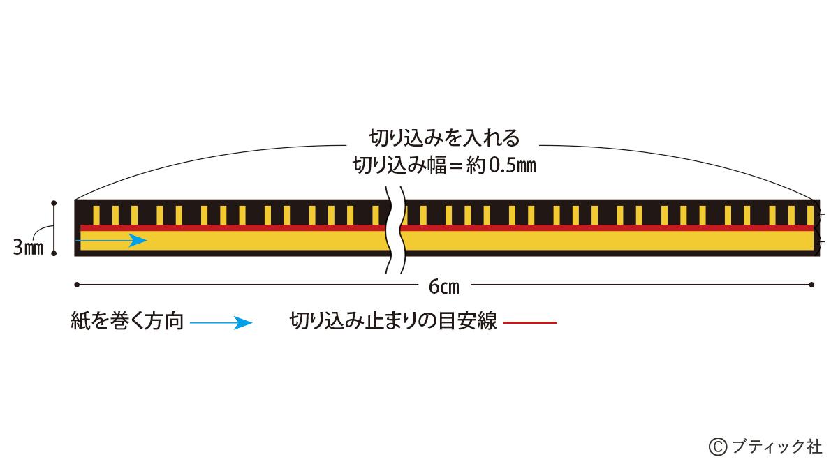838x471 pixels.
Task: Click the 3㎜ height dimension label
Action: coord(28,248)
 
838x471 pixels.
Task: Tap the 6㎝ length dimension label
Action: coord(444,287)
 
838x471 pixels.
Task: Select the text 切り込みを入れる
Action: coord(444,138)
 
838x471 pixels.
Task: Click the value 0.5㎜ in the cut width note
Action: coord(513,165)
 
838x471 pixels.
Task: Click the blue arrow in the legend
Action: coord(221,322)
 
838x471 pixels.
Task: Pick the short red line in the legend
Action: coord(530,322)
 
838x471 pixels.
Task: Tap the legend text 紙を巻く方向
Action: coord(127,321)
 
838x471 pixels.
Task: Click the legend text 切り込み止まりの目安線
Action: coord(393,321)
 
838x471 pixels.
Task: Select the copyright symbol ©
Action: coord(718,447)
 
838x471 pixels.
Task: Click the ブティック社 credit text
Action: coord(777,447)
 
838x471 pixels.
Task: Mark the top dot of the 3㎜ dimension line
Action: coord(54,203)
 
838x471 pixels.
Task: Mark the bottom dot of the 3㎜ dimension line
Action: coord(54,253)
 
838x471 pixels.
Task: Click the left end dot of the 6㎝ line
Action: coord(77,285)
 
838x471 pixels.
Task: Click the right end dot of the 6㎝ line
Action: coord(811,285)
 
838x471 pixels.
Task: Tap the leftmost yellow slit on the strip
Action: coord(96,215)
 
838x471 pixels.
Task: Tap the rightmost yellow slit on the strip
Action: coord(810,215)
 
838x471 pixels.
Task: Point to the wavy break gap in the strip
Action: coord(396,230)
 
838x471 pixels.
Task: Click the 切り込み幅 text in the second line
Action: coord(399,165)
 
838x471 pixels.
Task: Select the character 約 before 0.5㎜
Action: coord(476,165)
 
